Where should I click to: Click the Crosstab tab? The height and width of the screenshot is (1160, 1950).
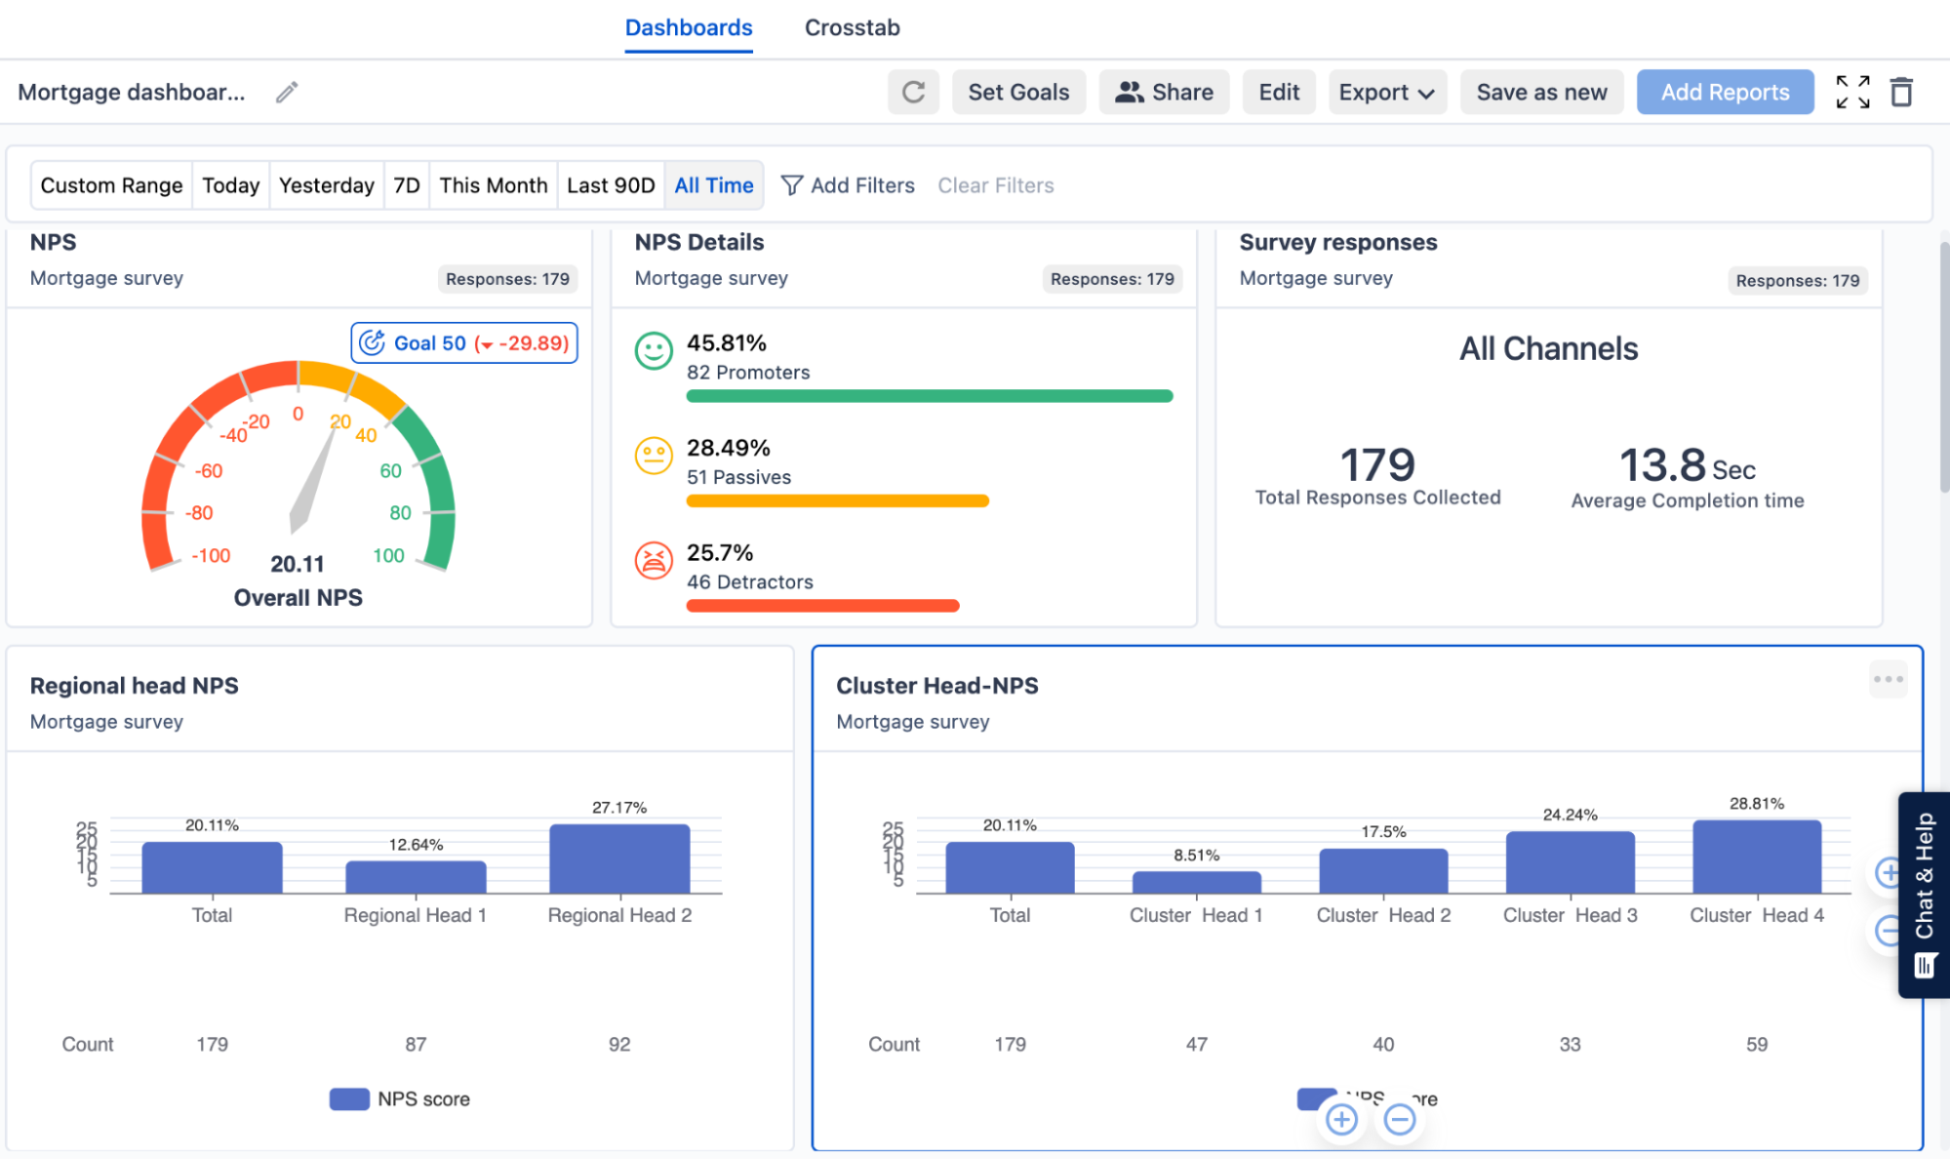pyautogui.click(x=852, y=27)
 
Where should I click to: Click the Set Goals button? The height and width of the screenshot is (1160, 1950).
pyautogui.click(x=1017, y=92)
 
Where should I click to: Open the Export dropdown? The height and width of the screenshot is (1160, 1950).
pyautogui.click(x=1386, y=92)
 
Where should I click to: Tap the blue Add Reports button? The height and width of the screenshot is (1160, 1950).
pyautogui.click(x=1724, y=92)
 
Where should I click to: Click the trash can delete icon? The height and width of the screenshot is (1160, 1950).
pyautogui.click(x=1900, y=92)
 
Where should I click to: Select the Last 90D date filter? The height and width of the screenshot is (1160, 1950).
pyautogui.click(x=611, y=185)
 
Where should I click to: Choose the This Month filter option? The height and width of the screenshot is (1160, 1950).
pyautogui.click(x=493, y=185)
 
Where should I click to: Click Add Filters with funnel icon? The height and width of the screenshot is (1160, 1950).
pyautogui.click(x=848, y=185)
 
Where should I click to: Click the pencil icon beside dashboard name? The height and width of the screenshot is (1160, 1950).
pyautogui.click(x=286, y=92)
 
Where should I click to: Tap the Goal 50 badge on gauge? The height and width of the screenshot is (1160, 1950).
pyautogui.click(x=463, y=343)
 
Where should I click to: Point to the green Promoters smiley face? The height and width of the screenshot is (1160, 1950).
pyautogui.click(x=654, y=351)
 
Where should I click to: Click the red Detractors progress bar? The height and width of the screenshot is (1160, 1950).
pyautogui.click(x=822, y=606)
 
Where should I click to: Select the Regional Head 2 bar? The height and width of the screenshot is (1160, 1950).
pyautogui.click(x=619, y=860)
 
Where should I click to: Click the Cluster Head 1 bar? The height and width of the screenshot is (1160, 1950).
pyautogui.click(x=1196, y=882)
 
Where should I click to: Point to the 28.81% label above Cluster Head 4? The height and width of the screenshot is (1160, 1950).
pyautogui.click(x=1756, y=804)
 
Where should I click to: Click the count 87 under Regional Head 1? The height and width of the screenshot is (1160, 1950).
pyautogui.click(x=416, y=1044)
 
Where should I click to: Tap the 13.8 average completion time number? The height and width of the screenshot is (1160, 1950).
pyautogui.click(x=1662, y=465)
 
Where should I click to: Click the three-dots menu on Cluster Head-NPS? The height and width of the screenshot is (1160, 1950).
pyautogui.click(x=1888, y=679)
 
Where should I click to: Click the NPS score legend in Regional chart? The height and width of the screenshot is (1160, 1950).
pyautogui.click(x=401, y=1099)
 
